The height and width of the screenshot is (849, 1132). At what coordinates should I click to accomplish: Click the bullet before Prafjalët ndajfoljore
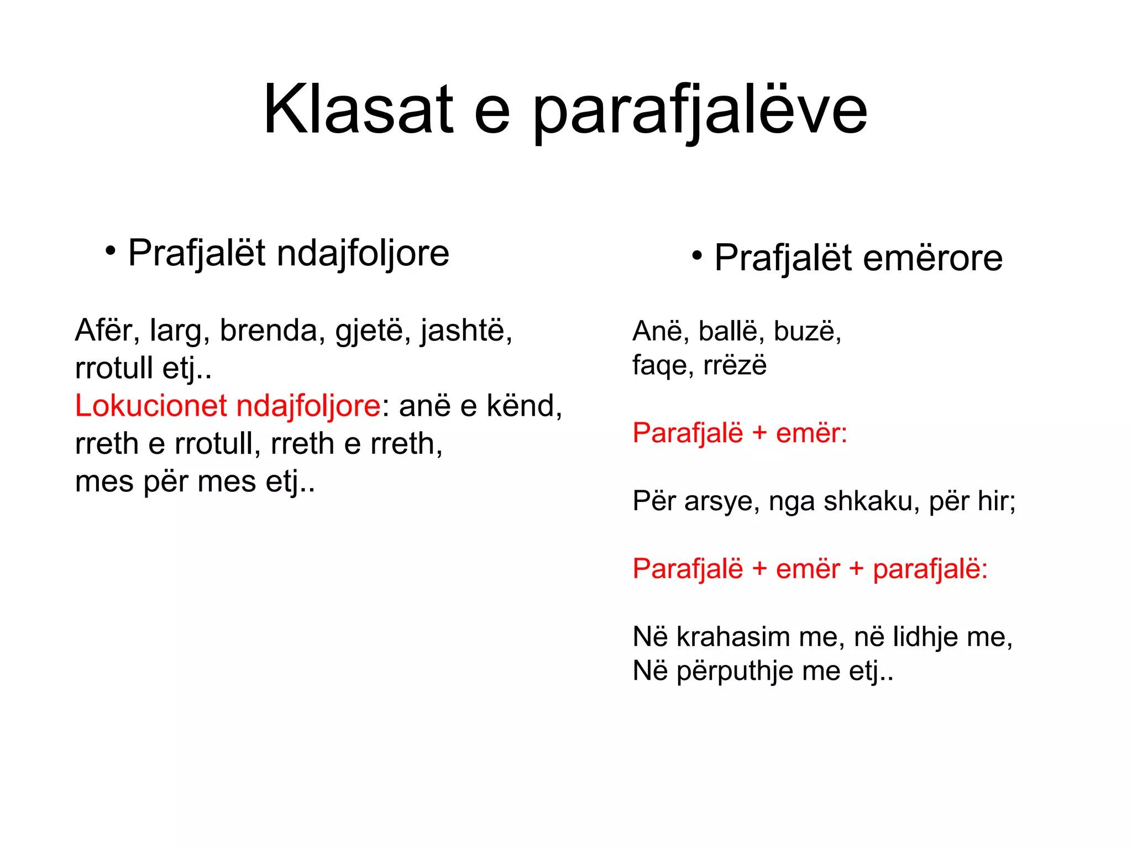click(x=111, y=251)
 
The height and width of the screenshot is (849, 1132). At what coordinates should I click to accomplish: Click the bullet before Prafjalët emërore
click(x=696, y=255)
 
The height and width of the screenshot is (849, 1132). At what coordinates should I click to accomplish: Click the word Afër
click(x=105, y=330)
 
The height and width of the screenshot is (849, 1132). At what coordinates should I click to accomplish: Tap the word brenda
click(x=269, y=330)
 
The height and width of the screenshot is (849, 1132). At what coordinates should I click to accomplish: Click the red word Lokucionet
click(x=150, y=406)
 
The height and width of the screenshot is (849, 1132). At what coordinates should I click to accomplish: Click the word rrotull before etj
click(x=114, y=368)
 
